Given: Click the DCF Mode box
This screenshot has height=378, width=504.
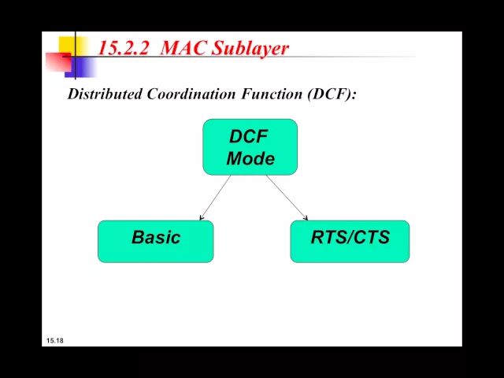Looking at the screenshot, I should click(x=250, y=147).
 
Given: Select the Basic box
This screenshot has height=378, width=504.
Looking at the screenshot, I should click(x=155, y=241).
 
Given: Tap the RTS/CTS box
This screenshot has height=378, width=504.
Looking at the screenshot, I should click(x=350, y=241).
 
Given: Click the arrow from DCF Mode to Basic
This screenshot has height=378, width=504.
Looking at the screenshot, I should click(x=215, y=197).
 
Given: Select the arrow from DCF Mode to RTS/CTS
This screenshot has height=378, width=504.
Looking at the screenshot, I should click(x=287, y=197).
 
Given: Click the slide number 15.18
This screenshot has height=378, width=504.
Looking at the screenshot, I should click(x=54, y=340).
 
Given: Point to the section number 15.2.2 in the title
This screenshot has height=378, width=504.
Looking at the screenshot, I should click(x=124, y=48).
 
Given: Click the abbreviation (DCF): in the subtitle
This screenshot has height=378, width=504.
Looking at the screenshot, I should click(x=332, y=94).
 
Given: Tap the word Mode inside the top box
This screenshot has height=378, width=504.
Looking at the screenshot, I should click(x=250, y=158).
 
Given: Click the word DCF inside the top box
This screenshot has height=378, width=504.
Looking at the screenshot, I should click(x=249, y=137).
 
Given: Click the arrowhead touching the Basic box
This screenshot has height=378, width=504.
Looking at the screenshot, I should click(x=202, y=217).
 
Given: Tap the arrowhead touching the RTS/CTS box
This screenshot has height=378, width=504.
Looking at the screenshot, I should click(x=305, y=217).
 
